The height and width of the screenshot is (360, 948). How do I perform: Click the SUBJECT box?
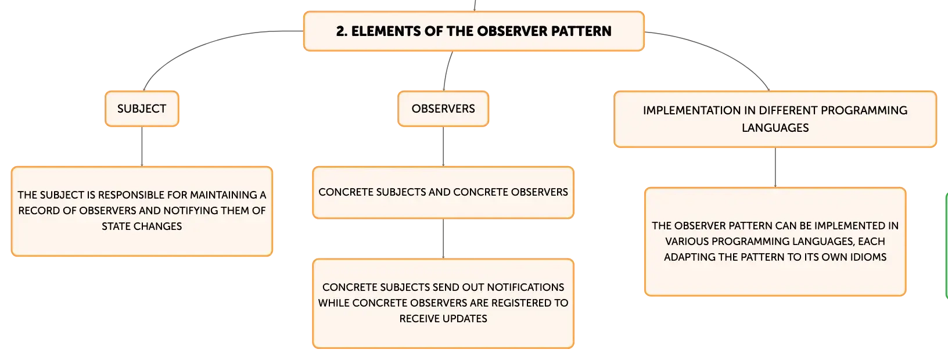pos(142,109)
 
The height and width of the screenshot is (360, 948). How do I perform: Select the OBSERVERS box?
pos(443,109)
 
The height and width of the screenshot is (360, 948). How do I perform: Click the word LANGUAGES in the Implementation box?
pos(775,128)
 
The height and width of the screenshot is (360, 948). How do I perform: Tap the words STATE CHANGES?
pos(142,226)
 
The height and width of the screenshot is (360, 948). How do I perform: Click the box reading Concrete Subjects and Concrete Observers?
pos(443,192)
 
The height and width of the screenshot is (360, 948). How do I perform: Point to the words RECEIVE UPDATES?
pos(443,319)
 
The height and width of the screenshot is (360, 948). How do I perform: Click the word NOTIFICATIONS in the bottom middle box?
pos(526,287)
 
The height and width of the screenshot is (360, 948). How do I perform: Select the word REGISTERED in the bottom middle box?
pos(523,303)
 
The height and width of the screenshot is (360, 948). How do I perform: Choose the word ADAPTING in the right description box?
pos(686,257)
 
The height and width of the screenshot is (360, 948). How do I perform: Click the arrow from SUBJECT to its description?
pos(142,146)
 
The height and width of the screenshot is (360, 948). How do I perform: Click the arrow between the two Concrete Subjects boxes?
pos(443,239)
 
